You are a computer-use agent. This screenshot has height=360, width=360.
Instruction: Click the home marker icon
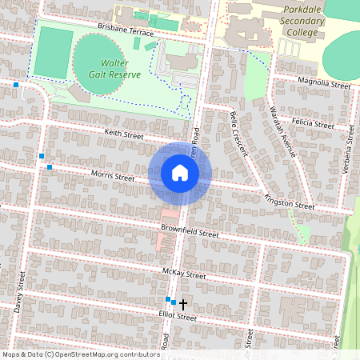180,173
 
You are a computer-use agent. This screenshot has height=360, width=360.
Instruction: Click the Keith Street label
123,134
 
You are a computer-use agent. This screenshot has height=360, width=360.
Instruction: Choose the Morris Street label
112,175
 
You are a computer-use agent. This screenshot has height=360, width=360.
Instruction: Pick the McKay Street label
183,275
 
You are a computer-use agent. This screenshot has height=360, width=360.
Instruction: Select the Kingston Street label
290,205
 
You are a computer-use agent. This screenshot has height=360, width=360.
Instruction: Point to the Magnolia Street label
323,84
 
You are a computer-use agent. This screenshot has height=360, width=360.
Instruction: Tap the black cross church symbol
182,304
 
